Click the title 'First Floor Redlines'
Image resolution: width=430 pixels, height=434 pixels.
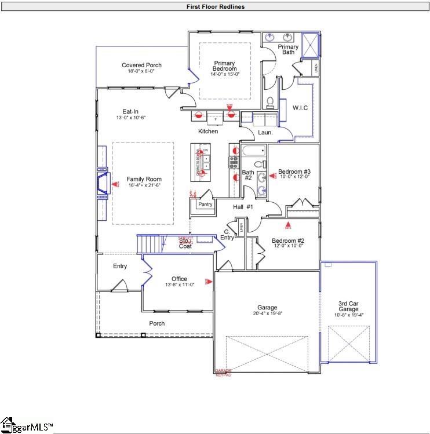tap(215, 6)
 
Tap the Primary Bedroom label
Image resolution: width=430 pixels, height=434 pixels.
tap(225, 66)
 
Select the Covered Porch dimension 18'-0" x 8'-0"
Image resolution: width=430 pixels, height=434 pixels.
tap(141, 71)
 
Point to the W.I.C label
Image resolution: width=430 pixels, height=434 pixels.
tap(300, 108)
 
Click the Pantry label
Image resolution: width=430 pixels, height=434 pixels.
tap(205, 204)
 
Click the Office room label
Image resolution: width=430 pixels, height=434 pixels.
tap(179, 279)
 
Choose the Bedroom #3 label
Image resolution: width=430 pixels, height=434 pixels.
tap(294, 172)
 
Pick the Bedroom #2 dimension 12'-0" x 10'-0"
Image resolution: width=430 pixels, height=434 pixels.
tap(288, 246)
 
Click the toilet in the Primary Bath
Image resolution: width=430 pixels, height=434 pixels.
tap(269, 102)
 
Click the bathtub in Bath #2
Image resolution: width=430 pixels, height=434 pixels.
tap(253, 152)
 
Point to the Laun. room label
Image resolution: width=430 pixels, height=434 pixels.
tap(265, 132)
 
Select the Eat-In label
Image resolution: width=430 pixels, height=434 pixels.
tap(130, 112)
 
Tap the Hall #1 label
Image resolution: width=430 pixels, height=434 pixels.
tap(243, 207)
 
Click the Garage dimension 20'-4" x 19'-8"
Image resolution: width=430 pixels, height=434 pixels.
tap(267, 313)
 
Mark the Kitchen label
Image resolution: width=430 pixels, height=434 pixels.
tap(208, 132)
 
